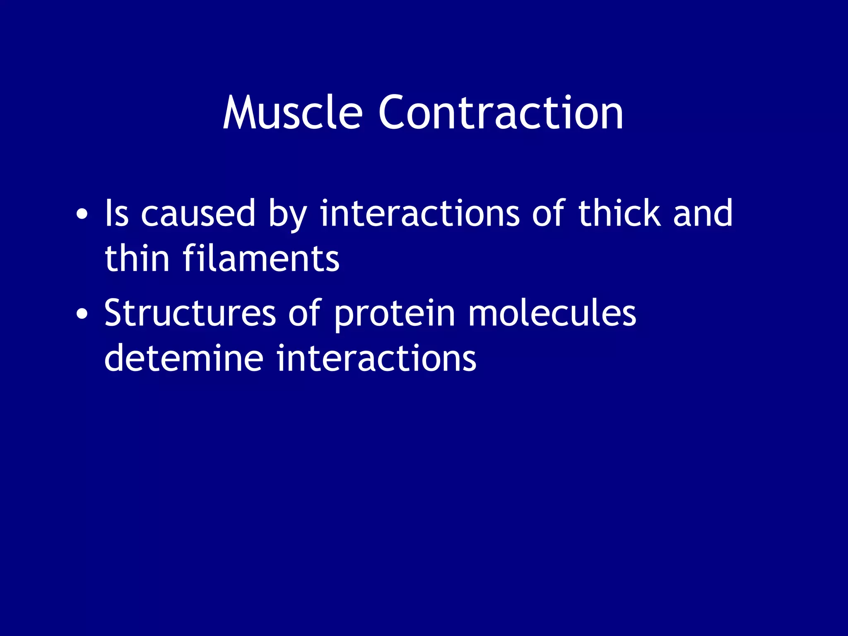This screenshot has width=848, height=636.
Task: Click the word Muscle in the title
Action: (x=292, y=113)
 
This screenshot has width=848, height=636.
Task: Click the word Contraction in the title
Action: (x=500, y=113)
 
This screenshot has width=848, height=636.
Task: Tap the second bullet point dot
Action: (x=82, y=314)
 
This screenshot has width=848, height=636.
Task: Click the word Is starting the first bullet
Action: (x=116, y=213)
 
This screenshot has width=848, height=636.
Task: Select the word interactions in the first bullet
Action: (x=419, y=213)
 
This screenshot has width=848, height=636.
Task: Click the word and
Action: (x=703, y=213)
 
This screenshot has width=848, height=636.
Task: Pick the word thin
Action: (x=137, y=258)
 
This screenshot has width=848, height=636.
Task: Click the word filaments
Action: (x=261, y=258)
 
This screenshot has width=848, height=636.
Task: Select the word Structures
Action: (x=190, y=313)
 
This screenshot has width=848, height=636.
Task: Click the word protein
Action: (x=394, y=315)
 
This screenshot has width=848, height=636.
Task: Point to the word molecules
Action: (x=552, y=313)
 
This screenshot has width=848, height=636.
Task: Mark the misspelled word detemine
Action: (x=183, y=358)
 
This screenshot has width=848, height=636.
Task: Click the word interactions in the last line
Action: (x=376, y=358)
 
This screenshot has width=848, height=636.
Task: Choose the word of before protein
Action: (x=305, y=313)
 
